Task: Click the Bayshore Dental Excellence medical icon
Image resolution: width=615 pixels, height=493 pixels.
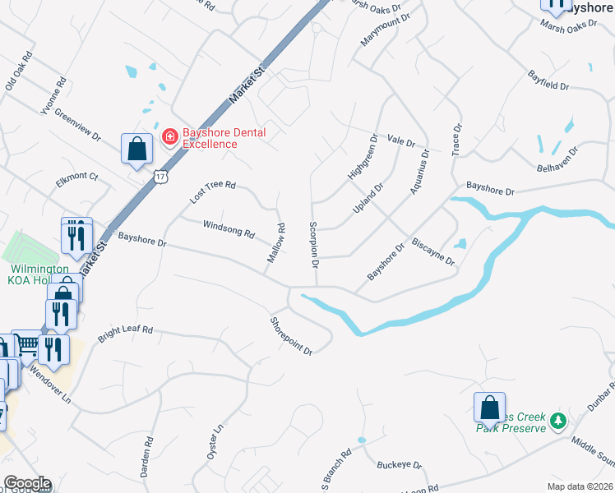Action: [170, 136]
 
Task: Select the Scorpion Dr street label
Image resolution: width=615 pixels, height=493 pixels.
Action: [313, 245]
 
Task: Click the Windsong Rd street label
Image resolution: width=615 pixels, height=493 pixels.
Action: [229, 228]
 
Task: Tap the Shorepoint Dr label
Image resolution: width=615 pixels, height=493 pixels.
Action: [292, 336]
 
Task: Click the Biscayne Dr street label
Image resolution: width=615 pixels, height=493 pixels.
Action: [432, 251]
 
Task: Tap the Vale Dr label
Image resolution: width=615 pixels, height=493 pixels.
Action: [401, 141]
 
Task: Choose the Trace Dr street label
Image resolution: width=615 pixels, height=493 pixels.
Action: [457, 140]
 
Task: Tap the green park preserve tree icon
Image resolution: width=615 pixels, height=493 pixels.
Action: [559, 421]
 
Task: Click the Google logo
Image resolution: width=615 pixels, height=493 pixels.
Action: [27, 483]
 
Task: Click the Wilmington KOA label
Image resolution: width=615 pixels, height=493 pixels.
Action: [38, 274]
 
